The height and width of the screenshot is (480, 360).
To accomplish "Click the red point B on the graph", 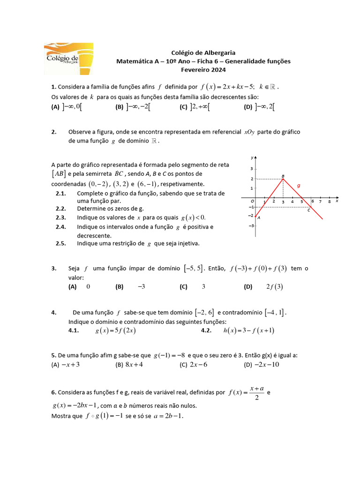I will [x=283, y=179].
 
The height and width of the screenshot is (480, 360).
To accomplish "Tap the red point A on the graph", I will [x=255, y=216].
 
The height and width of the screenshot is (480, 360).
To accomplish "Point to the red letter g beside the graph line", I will [x=298, y=186].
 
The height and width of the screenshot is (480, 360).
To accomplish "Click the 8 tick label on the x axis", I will [x=330, y=202].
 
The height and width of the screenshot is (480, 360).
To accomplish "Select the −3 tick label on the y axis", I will [x=251, y=225].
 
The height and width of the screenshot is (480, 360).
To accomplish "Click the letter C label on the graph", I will [x=308, y=210].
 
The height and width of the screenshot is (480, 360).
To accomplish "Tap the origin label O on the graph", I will [x=252, y=201].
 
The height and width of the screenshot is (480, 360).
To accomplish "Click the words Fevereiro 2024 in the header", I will [x=203, y=70].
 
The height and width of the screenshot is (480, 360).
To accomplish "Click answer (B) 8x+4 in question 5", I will [x=129, y=365].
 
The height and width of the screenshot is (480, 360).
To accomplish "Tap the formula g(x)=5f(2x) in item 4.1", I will [x=115, y=330].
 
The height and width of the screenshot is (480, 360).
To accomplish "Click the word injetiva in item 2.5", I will [x=186, y=243].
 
